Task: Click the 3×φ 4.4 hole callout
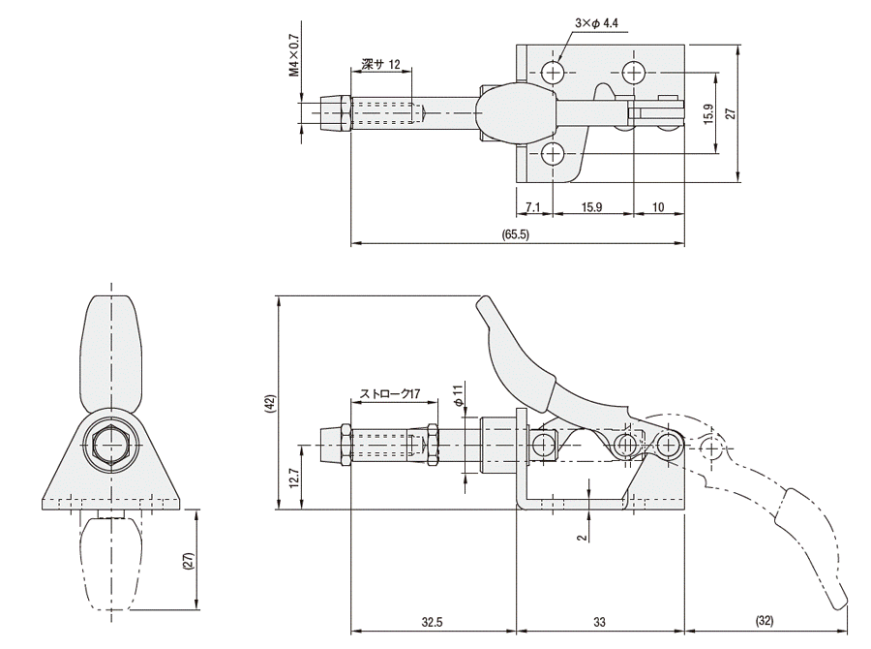(596, 23)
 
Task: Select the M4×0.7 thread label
(294, 55)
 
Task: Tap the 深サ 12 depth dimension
(380, 64)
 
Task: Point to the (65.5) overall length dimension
(516, 234)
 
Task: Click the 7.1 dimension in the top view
(532, 207)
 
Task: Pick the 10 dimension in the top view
(658, 207)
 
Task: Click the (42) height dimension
(270, 403)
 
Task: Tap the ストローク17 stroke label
(390, 393)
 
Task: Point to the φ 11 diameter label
(458, 394)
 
